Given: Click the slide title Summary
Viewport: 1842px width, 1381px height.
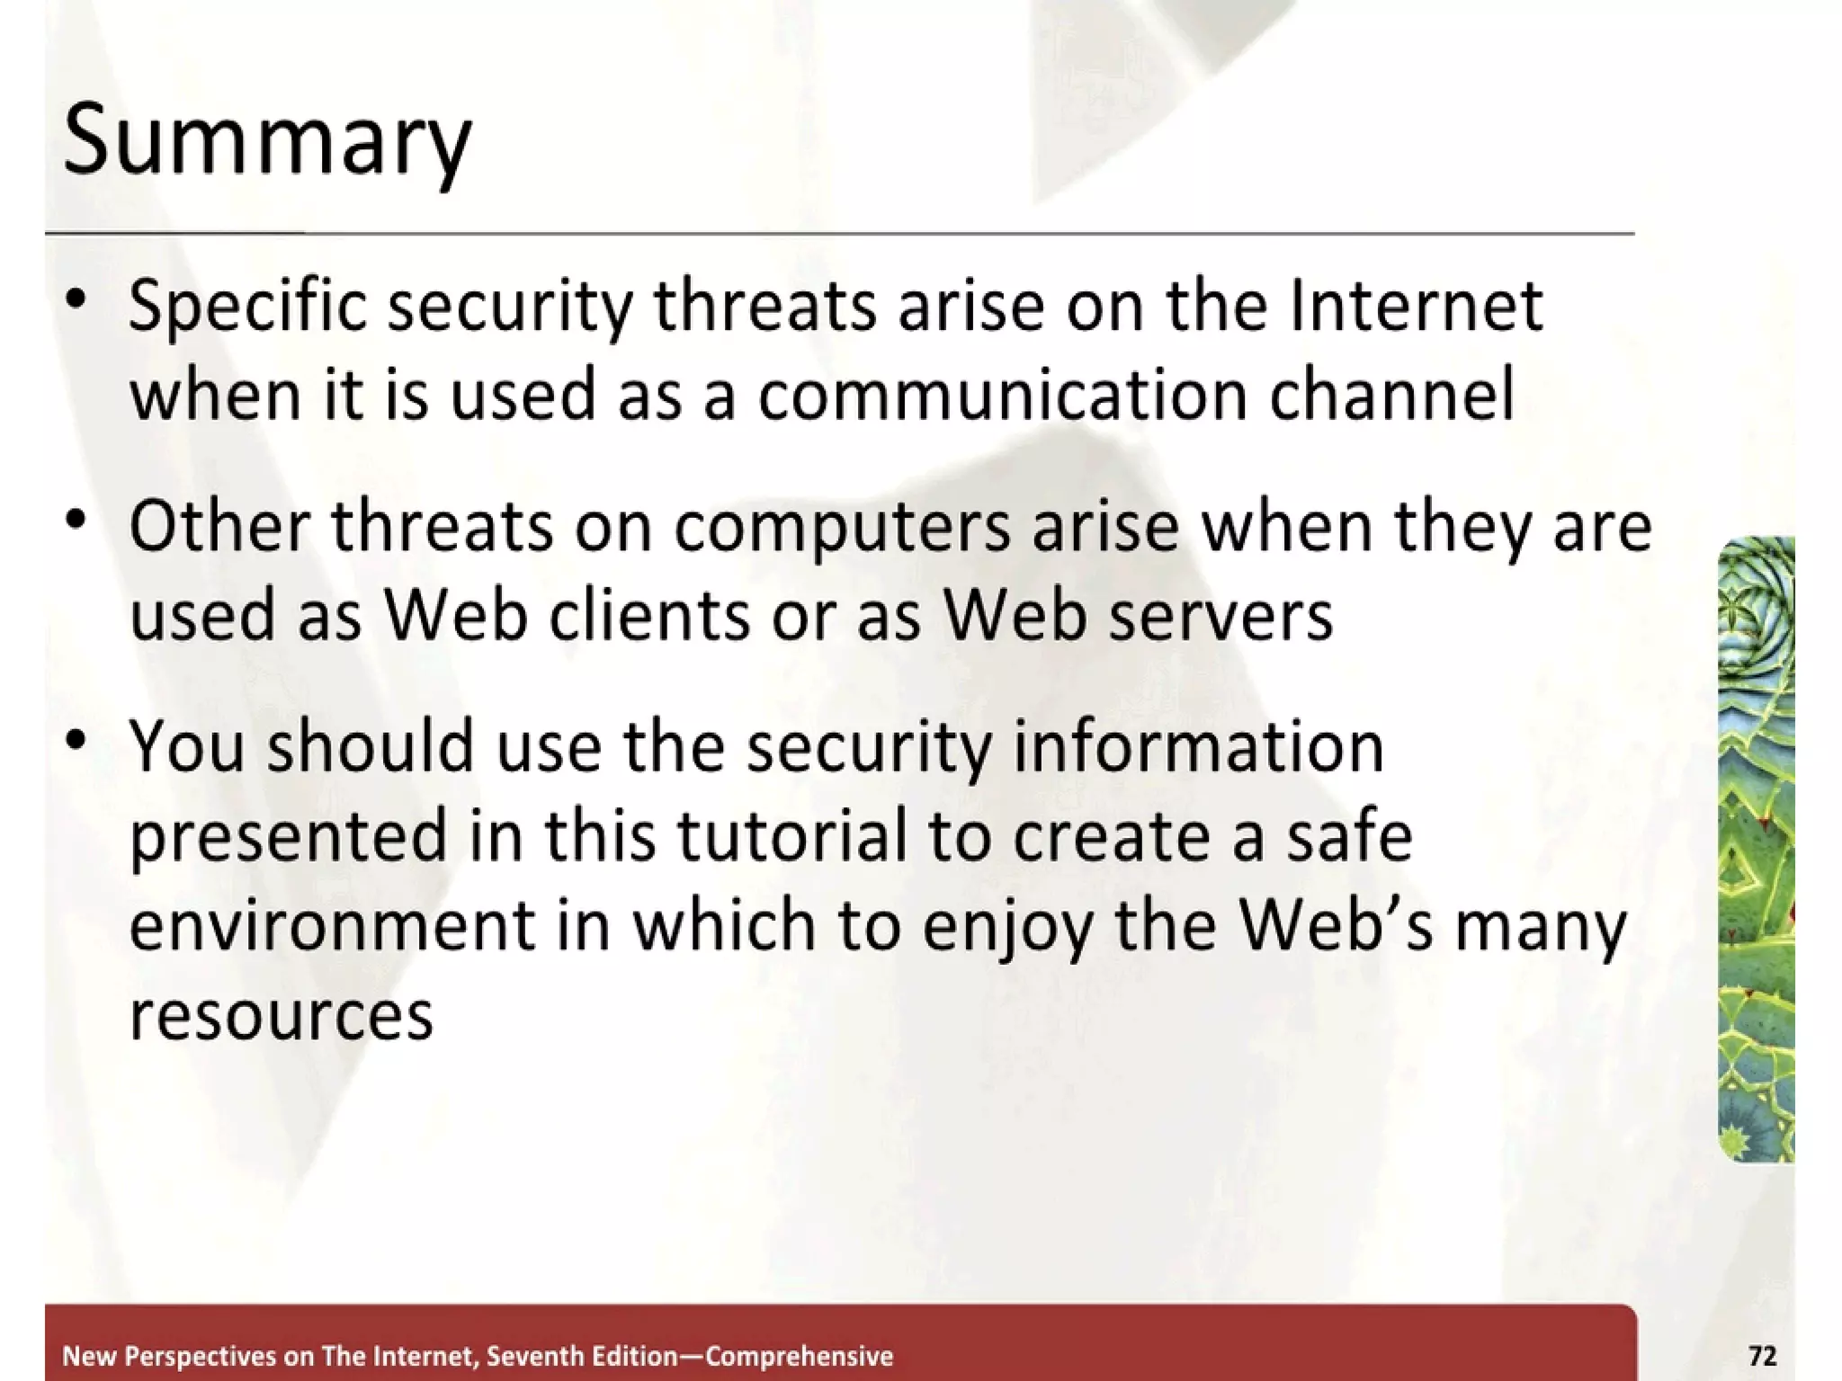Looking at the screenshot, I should coord(267,142).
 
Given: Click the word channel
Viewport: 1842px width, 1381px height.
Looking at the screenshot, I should coord(1391,396).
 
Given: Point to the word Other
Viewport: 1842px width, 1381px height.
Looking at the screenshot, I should coord(219,527).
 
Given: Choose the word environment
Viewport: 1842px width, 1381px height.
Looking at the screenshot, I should coord(332,926).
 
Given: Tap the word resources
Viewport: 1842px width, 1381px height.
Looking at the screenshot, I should coord(281,1016).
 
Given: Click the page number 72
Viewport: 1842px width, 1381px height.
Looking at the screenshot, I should coord(1762,1355).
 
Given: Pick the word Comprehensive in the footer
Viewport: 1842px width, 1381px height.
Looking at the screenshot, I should coord(799,1356).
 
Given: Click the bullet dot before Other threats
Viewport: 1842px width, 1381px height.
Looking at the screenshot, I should coord(77,519).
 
